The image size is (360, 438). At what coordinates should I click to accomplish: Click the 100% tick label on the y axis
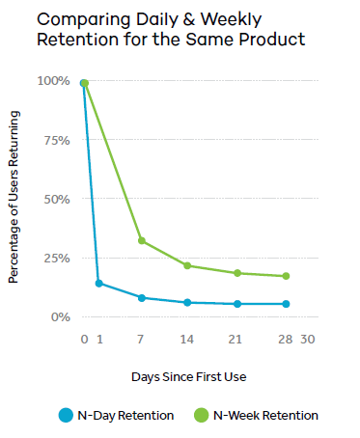click(53, 81)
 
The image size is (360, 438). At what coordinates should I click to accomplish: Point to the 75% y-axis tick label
click(56, 140)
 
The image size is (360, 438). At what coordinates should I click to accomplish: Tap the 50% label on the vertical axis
click(56, 199)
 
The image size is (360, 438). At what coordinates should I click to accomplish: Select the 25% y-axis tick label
click(56, 259)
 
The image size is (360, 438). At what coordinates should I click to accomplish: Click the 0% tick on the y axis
click(60, 317)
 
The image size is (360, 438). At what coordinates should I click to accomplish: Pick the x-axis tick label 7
click(142, 340)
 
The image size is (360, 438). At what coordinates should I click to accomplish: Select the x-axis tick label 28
click(285, 340)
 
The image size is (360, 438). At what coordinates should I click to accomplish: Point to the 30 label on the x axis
click(308, 340)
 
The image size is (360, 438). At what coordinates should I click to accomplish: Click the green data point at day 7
click(142, 241)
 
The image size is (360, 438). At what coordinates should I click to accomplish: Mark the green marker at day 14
click(188, 265)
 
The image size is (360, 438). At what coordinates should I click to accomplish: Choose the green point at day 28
click(285, 276)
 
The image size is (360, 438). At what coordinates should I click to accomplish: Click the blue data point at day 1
click(98, 284)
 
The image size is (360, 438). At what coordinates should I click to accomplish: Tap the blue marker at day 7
click(142, 298)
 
